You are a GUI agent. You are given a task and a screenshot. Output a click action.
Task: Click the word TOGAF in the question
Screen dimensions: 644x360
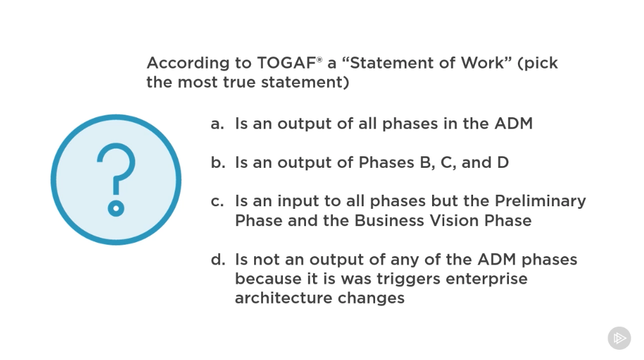[287, 63]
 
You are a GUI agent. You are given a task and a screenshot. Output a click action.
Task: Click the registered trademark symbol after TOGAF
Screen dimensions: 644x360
[319, 60]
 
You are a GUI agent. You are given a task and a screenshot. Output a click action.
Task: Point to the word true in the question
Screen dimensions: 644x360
[239, 82]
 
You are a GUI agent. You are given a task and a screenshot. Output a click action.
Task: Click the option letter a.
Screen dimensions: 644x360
[217, 124]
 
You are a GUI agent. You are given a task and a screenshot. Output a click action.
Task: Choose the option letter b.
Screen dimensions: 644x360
[218, 162]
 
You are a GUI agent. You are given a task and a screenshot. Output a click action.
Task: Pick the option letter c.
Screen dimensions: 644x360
[217, 202]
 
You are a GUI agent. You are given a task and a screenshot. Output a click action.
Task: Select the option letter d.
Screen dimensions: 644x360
[218, 259]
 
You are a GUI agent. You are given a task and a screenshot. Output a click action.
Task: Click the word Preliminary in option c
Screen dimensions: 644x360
[540, 201]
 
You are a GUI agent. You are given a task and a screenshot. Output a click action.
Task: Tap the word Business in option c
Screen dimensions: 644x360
[389, 221]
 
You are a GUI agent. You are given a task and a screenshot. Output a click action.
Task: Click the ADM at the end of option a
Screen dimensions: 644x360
[513, 124]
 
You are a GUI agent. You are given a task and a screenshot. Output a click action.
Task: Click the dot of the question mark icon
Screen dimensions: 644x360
[117, 208]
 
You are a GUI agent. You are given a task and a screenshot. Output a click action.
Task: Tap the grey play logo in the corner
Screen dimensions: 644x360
[620, 338]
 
